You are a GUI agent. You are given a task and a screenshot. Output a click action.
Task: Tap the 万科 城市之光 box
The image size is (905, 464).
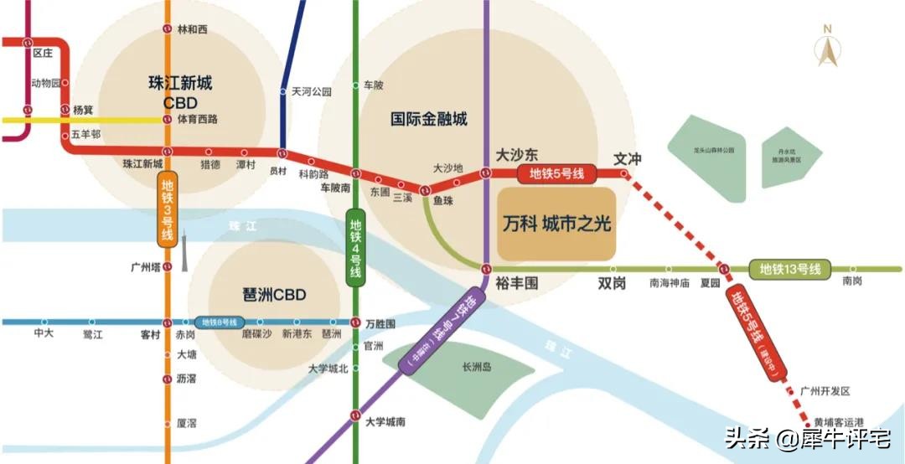(556, 224)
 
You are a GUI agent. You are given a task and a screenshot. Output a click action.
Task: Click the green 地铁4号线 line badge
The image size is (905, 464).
(355, 249)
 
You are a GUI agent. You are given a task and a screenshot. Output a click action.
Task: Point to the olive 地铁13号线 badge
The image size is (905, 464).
(789, 269)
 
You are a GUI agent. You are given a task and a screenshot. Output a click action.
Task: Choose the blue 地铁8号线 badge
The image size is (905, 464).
(217, 322)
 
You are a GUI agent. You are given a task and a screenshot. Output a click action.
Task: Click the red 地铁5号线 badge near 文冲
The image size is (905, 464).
(556, 173)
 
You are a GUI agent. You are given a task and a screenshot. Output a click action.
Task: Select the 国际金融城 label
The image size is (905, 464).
(429, 119)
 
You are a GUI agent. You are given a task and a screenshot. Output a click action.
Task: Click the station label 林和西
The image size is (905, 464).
(192, 29)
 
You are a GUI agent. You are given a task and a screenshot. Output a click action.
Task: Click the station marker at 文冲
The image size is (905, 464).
(624, 173)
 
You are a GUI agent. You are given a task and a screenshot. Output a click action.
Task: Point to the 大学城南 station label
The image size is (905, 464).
(385, 421)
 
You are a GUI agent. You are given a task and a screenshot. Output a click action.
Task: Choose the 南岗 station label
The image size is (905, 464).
(852, 282)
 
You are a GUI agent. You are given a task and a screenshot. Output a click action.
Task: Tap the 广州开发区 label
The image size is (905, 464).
(825, 391)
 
